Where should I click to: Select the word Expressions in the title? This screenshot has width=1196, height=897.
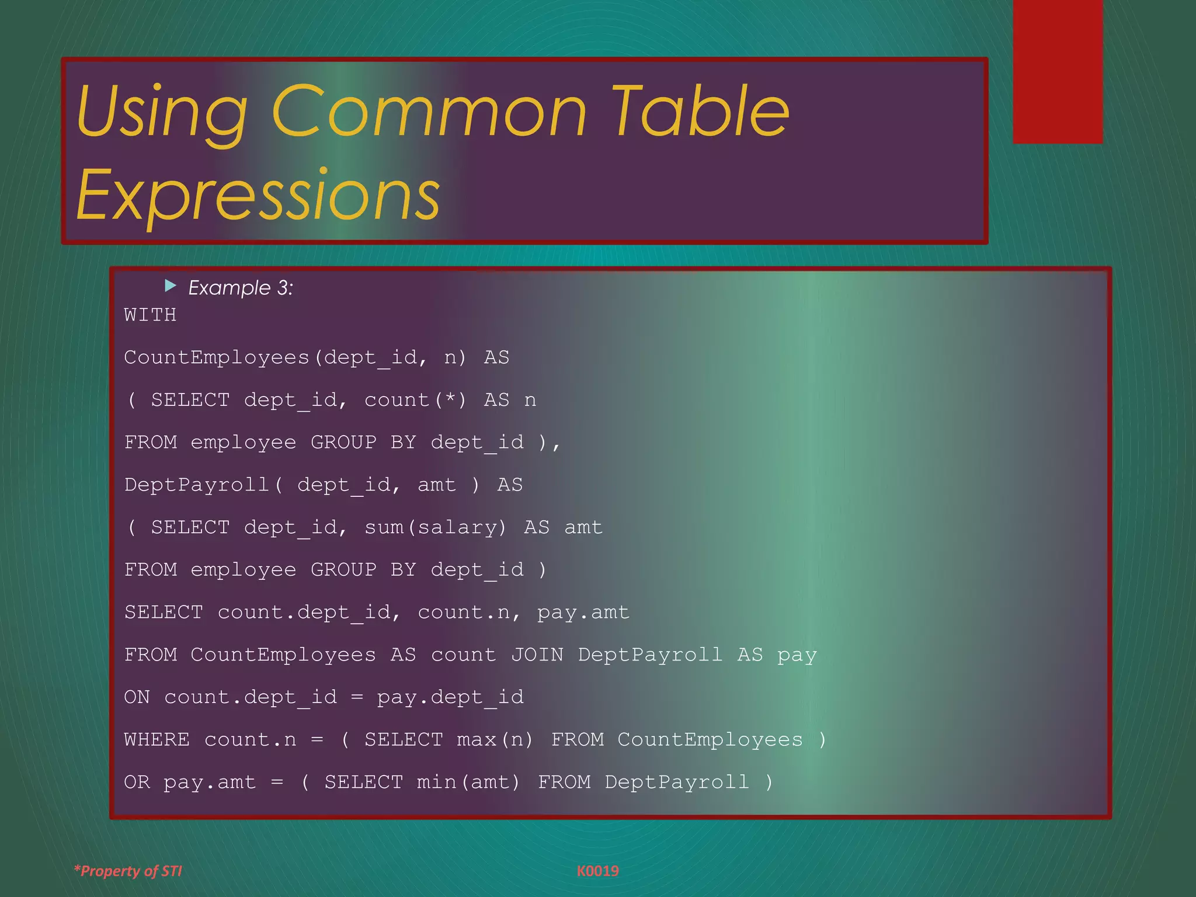(x=258, y=195)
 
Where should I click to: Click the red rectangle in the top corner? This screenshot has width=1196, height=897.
(x=1058, y=71)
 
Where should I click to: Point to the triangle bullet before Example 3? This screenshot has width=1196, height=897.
(x=171, y=286)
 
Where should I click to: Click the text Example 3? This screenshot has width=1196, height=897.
(x=241, y=288)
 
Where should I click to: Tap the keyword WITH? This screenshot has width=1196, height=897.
(x=150, y=315)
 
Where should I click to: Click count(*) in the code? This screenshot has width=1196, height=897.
(x=415, y=400)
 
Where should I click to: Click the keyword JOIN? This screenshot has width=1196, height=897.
(x=537, y=655)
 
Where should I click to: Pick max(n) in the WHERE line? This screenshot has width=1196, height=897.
(x=495, y=740)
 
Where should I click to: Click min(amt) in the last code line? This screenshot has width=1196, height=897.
(x=468, y=782)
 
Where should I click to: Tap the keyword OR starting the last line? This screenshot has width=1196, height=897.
(x=137, y=782)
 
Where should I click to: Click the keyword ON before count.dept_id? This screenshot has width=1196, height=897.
(x=137, y=697)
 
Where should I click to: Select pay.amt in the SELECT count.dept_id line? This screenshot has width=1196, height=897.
(x=583, y=613)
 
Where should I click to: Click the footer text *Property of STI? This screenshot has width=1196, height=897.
(x=128, y=871)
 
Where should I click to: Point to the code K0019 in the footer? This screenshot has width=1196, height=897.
(x=597, y=871)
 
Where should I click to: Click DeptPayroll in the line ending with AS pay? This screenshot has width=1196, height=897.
(x=650, y=655)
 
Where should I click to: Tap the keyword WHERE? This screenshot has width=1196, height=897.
(x=157, y=740)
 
